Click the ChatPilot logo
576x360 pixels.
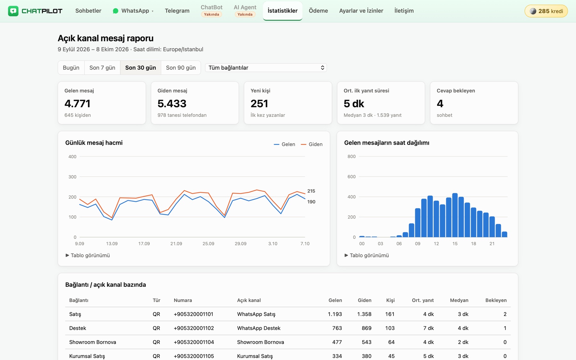35,11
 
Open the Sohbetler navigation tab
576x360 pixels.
88,11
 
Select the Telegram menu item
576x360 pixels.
177,11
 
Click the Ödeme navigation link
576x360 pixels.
318,11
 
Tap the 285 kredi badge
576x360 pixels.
546,11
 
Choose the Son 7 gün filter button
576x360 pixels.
102,68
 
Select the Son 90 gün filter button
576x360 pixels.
181,68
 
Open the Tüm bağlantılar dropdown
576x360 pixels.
266,68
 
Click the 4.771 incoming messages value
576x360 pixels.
77,104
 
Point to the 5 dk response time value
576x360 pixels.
354,104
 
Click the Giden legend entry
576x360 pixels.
312,144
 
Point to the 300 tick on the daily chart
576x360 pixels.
72,177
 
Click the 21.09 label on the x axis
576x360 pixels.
176,244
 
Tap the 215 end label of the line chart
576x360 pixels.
311,191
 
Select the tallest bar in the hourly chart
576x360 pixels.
455,215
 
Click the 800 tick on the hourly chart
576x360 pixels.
351,156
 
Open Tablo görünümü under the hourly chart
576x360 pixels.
367,255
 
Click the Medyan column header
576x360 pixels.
459,300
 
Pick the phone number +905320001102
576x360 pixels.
194,328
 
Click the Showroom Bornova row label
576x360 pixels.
92,342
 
